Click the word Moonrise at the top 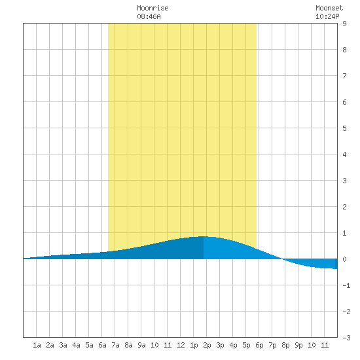[153, 8]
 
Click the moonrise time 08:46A [149, 16]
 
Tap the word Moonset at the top [329, 8]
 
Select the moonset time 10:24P [327, 16]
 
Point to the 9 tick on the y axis [344, 24]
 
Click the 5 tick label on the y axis [344, 128]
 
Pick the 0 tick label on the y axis [344, 259]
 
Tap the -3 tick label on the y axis [346, 338]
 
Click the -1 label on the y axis [346, 285]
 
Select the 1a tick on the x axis [37, 345]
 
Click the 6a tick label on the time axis [102, 345]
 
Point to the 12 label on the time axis [181, 345]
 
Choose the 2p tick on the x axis [207, 345]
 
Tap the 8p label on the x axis [285, 345]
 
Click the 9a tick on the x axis [141, 345]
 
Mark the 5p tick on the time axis [246, 345]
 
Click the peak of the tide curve [204, 236]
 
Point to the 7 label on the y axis [344, 76]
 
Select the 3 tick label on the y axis [344, 181]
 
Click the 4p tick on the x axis [233, 345]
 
